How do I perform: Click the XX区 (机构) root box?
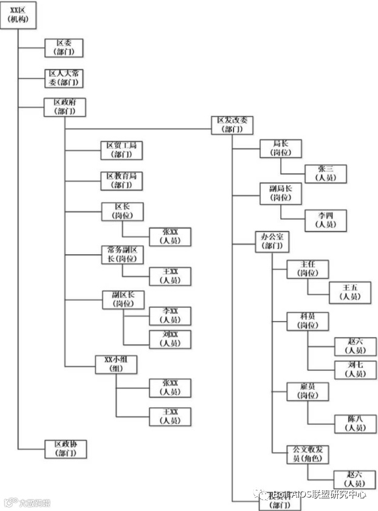click(x=19, y=16)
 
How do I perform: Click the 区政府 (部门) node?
click(x=64, y=107)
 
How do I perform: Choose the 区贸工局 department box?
click(x=121, y=150)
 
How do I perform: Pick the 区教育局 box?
click(x=121, y=180)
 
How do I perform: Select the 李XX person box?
click(x=170, y=316)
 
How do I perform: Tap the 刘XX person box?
click(x=170, y=339)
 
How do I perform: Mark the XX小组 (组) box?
click(x=116, y=364)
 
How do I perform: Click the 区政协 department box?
click(x=64, y=448)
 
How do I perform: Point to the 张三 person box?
click(x=325, y=173)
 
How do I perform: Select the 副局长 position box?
click(x=281, y=193)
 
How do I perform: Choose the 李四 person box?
click(x=325, y=220)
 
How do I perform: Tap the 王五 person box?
click(x=350, y=292)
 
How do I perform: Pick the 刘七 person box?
click(x=355, y=369)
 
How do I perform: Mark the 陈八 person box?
click(x=355, y=423)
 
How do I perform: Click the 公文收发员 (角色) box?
click(x=308, y=454)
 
